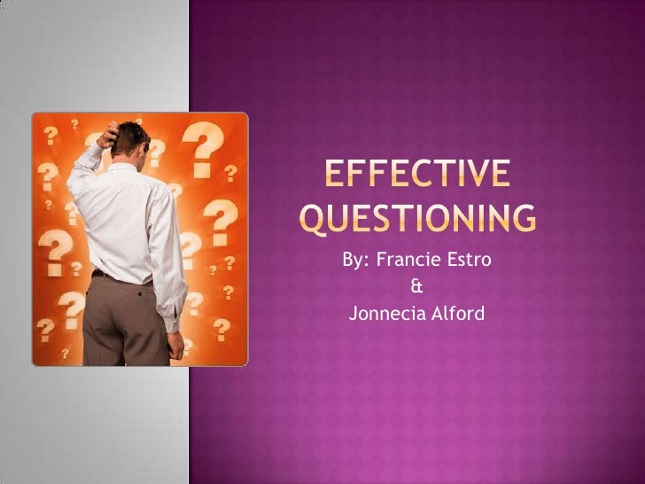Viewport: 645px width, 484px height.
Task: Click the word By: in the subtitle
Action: (x=357, y=262)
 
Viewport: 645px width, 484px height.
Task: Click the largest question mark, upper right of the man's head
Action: (x=206, y=151)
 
